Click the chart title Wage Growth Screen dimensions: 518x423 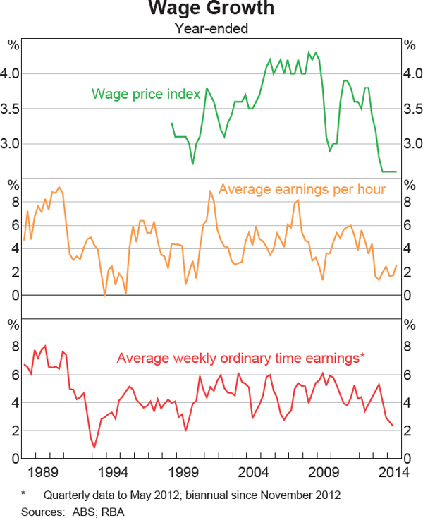coord(211,10)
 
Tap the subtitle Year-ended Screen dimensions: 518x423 coord(211,29)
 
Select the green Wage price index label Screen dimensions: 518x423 coord(146,94)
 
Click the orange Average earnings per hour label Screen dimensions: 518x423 coord(302,189)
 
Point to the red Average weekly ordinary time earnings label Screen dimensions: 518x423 coord(240,358)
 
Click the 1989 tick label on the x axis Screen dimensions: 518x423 coord(47,473)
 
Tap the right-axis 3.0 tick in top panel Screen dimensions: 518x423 coord(410,144)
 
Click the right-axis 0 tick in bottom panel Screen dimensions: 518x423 coord(407,459)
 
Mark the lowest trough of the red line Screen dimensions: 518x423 coord(94,447)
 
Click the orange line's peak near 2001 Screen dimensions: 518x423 coord(210,191)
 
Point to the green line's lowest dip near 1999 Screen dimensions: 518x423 coord(192,164)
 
